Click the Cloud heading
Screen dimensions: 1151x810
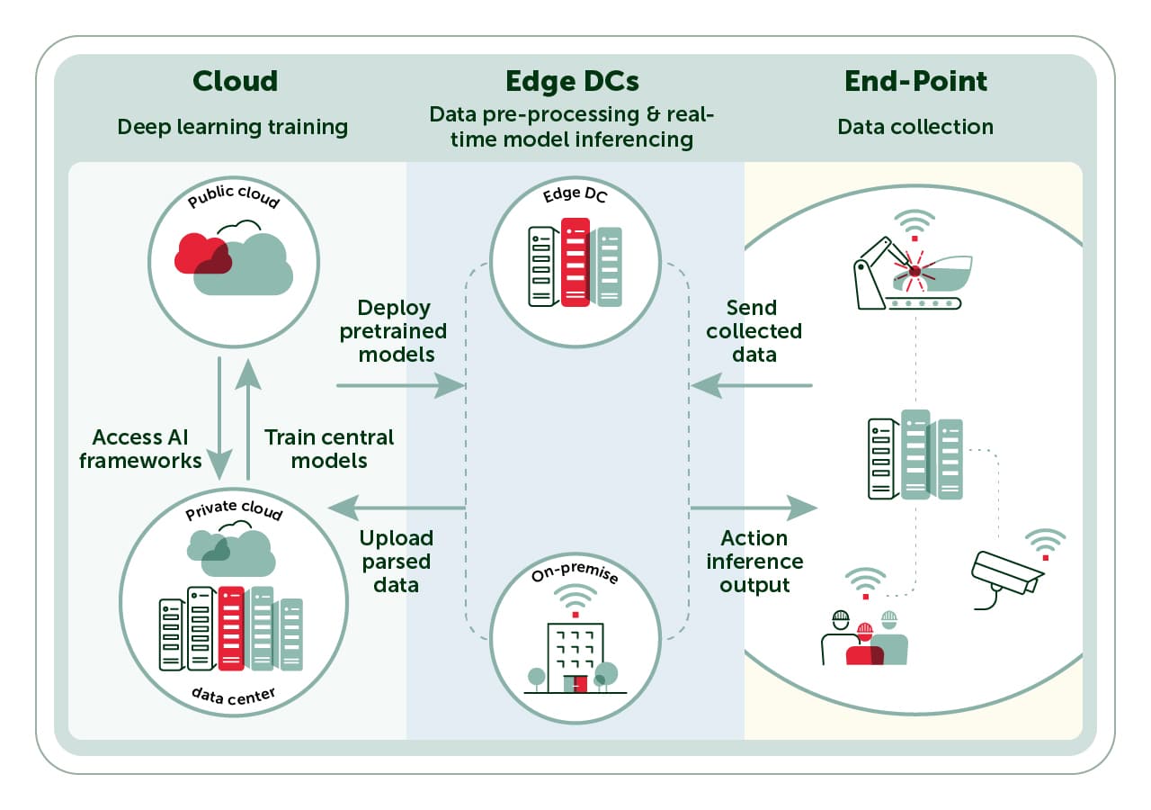click(x=236, y=81)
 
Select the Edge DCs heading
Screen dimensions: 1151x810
click(x=573, y=81)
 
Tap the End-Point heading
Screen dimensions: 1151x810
click(x=915, y=81)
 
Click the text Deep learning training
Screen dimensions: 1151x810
click(x=232, y=127)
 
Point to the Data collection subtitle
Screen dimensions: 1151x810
click(x=915, y=127)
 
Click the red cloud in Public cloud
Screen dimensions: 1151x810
click(x=202, y=254)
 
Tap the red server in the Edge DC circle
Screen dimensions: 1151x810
click(x=575, y=262)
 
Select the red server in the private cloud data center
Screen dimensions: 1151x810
click(x=231, y=628)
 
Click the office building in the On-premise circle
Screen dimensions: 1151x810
click(x=575, y=658)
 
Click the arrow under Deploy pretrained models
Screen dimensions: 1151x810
click(x=400, y=385)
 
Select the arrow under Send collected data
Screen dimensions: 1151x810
click(x=752, y=385)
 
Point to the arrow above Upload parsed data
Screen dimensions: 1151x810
click(x=397, y=508)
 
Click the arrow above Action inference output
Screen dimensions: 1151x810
click(x=754, y=508)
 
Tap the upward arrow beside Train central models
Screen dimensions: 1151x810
click(x=248, y=419)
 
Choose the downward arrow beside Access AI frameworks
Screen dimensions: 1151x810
click(x=219, y=419)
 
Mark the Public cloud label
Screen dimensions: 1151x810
click(x=234, y=196)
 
